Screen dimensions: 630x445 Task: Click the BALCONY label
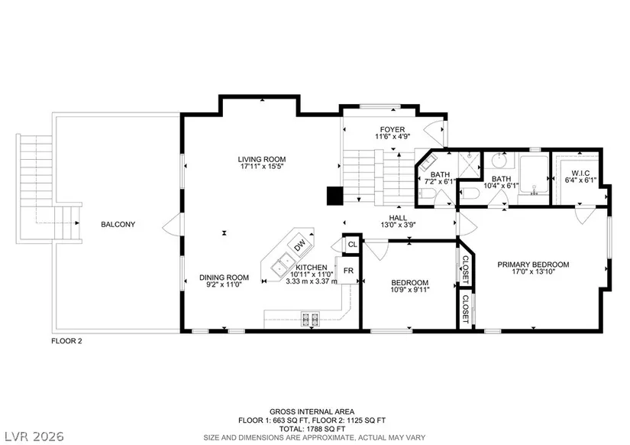(118, 225)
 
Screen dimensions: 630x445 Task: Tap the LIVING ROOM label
(262, 159)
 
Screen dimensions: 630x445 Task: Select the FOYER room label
(393, 129)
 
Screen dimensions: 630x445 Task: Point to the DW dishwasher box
(300, 245)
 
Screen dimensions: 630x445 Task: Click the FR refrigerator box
(348, 271)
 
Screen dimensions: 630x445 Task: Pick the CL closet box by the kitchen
(352, 244)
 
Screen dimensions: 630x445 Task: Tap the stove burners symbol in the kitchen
(310, 319)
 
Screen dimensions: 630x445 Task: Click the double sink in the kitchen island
(283, 265)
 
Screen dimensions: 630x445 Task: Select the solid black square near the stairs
(334, 196)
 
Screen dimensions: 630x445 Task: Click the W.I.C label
(580, 174)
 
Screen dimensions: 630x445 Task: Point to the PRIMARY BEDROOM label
(533, 265)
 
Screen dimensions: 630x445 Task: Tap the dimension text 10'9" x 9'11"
(410, 289)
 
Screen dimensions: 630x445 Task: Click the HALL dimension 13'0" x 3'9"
(398, 225)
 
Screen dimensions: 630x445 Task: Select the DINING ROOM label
(224, 278)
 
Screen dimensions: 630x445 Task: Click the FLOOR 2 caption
(66, 341)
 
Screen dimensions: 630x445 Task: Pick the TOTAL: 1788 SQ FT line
(312, 429)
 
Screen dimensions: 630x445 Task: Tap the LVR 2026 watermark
(34, 436)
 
